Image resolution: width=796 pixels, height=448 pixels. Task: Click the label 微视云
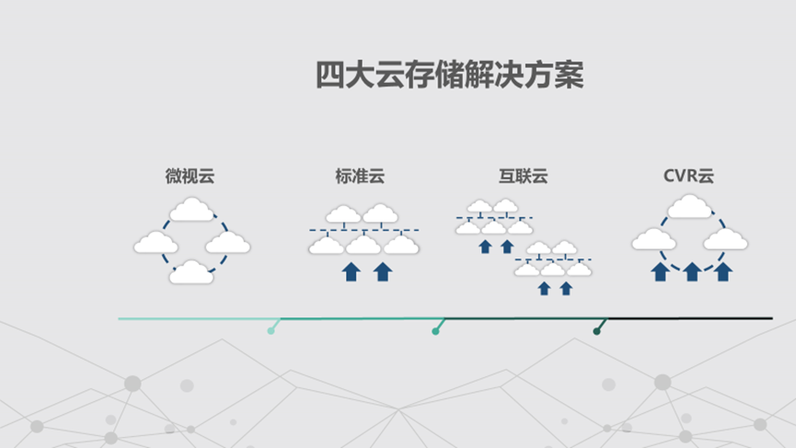point(190,176)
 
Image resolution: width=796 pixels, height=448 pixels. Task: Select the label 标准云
point(361,176)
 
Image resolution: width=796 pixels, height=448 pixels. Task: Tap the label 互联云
point(523,176)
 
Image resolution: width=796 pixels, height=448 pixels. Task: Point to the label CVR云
point(688,176)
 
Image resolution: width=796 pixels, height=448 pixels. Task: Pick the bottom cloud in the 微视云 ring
point(192,272)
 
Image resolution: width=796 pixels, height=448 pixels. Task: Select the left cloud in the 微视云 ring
point(156,243)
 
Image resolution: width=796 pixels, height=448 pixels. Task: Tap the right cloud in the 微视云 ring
point(228,243)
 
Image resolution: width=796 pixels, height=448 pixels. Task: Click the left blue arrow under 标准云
point(351,271)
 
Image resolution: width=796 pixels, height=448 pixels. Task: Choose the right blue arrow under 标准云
point(383,271)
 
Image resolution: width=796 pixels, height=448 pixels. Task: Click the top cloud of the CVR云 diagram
point(690,208)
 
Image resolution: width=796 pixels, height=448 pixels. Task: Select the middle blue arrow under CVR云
point(692,271)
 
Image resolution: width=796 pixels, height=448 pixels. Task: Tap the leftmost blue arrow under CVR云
point(660,271)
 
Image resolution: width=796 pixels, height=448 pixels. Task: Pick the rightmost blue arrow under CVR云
point(723,271)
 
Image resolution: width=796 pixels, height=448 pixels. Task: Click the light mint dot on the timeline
point(271,331)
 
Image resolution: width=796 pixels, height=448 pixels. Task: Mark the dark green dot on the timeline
point(597,331)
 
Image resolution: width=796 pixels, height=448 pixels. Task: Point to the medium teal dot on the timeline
point(435,331)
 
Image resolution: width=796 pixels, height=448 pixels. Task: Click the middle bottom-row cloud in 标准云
point(363,245)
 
